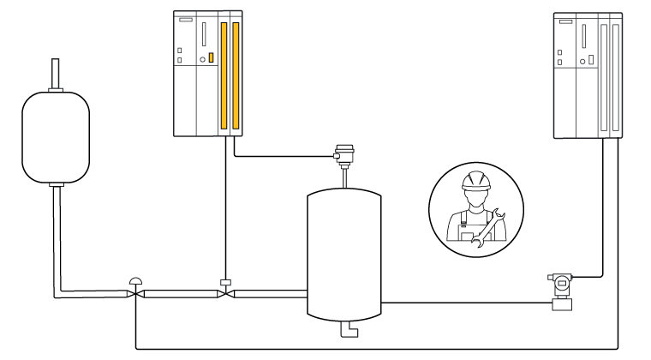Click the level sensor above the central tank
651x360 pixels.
[344, 153]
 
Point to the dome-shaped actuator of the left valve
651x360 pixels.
[135, 280]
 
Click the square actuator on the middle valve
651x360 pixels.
[224, 282]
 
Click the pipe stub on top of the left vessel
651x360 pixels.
[56, 72]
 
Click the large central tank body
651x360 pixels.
[343, 253]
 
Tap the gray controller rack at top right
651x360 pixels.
[588, 75]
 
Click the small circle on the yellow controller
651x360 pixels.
[201, 59]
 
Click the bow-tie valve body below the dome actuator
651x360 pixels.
[135, 295]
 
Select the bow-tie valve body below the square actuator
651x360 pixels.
[224, 295]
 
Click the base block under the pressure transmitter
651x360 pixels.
[562, 303]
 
